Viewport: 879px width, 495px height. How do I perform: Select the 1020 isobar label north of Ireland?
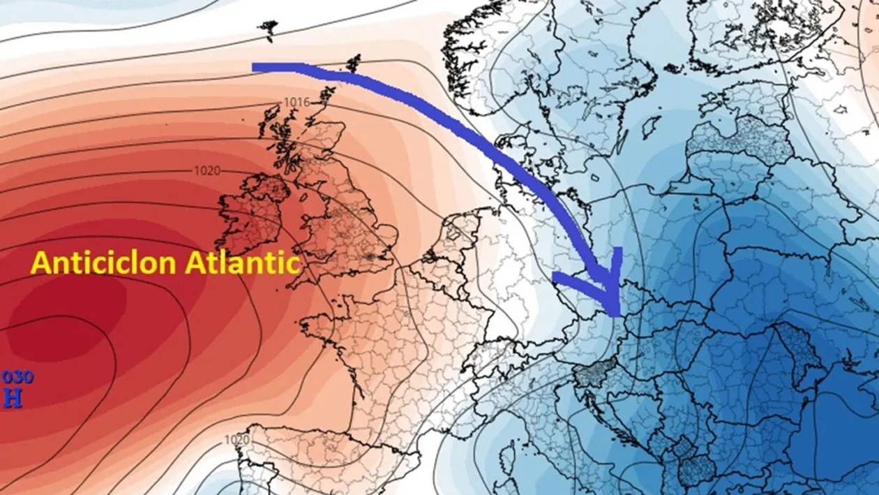coord(207,170)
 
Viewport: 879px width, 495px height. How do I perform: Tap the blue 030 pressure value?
coord(17,378)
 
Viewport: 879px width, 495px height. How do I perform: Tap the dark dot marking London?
coord(368,256)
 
